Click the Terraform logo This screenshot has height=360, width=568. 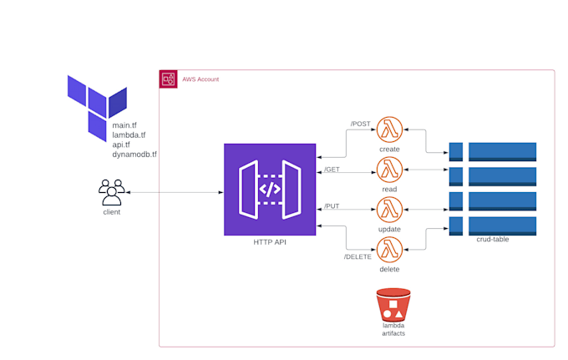pyautogui.click(x=96, y=104)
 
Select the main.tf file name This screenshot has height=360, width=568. pyautogui.click(x=124, y=124)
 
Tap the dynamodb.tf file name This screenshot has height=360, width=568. pyautogui.click(x=134, y=155)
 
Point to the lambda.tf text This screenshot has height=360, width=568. pyautogui.click(x=129, y=134)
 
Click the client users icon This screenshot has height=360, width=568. pyautogui.click(x=110, y=192)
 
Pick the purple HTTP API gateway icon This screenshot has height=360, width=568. pyautogui.click(x=270, y=189)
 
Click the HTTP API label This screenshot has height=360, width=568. pyautogui.click(x=270, y=242)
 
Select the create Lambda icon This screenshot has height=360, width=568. pyautogui.click(x=389, y=130)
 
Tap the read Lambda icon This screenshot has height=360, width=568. pyautogui.click(x=389, y=170)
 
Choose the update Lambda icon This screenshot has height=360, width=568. pyautogui.click(x=389, y=210)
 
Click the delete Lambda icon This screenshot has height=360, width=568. pyautogui.click(x=389, y=250)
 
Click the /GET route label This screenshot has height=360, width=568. pyautogui.click(x=332, y=170)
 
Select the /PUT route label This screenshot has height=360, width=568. pyautogui.click(x=332, y=205)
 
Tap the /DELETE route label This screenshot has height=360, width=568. pyautogui.click(x=358, y=256)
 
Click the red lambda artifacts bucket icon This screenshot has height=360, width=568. pyautogui.click(x=393, y=304)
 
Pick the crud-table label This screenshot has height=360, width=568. pyautogui.click(x=492, y=240)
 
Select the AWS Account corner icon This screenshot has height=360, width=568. pyautogui.click(x=168, y=79)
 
